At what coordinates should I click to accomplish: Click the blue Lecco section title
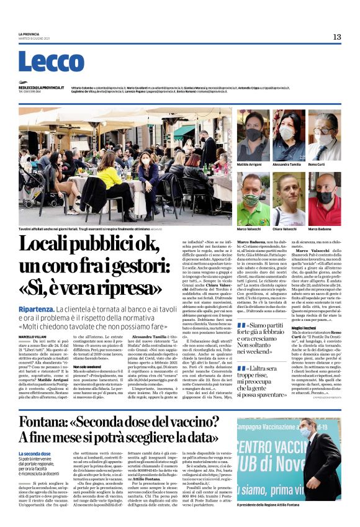(51, 62)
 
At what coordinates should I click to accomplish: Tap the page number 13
(337, 37)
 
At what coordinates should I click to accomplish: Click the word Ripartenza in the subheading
(52, 309)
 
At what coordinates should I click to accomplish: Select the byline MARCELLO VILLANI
(32, 336)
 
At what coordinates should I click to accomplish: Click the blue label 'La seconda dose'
(34, 454)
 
